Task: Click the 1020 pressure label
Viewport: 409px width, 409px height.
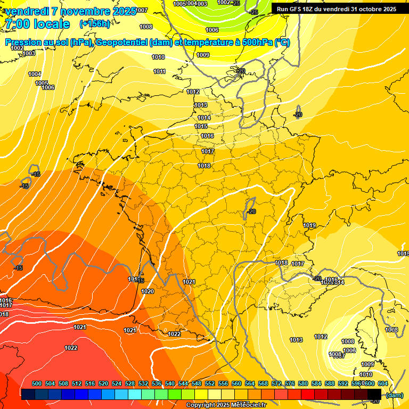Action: coord(148,291)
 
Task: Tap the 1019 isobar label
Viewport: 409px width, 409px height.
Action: coord(310,225)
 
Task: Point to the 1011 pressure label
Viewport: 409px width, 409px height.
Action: coord(159,71)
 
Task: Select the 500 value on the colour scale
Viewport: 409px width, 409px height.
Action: coord(37,383)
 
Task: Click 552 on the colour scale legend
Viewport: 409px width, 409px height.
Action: coord(210,383)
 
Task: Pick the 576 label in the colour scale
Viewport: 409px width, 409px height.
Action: coord(290,383)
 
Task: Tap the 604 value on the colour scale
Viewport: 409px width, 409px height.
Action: coord(382,383)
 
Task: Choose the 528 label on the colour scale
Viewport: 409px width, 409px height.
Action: coord(130,383)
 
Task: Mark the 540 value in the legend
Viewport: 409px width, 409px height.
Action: coord(170,383)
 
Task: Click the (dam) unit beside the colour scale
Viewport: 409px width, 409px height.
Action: coord(394,395)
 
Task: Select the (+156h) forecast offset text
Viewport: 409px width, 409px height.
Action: coord(95,24)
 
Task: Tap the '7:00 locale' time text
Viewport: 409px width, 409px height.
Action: coord(37,24)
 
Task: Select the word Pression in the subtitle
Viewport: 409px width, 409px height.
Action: coord(26,43)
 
